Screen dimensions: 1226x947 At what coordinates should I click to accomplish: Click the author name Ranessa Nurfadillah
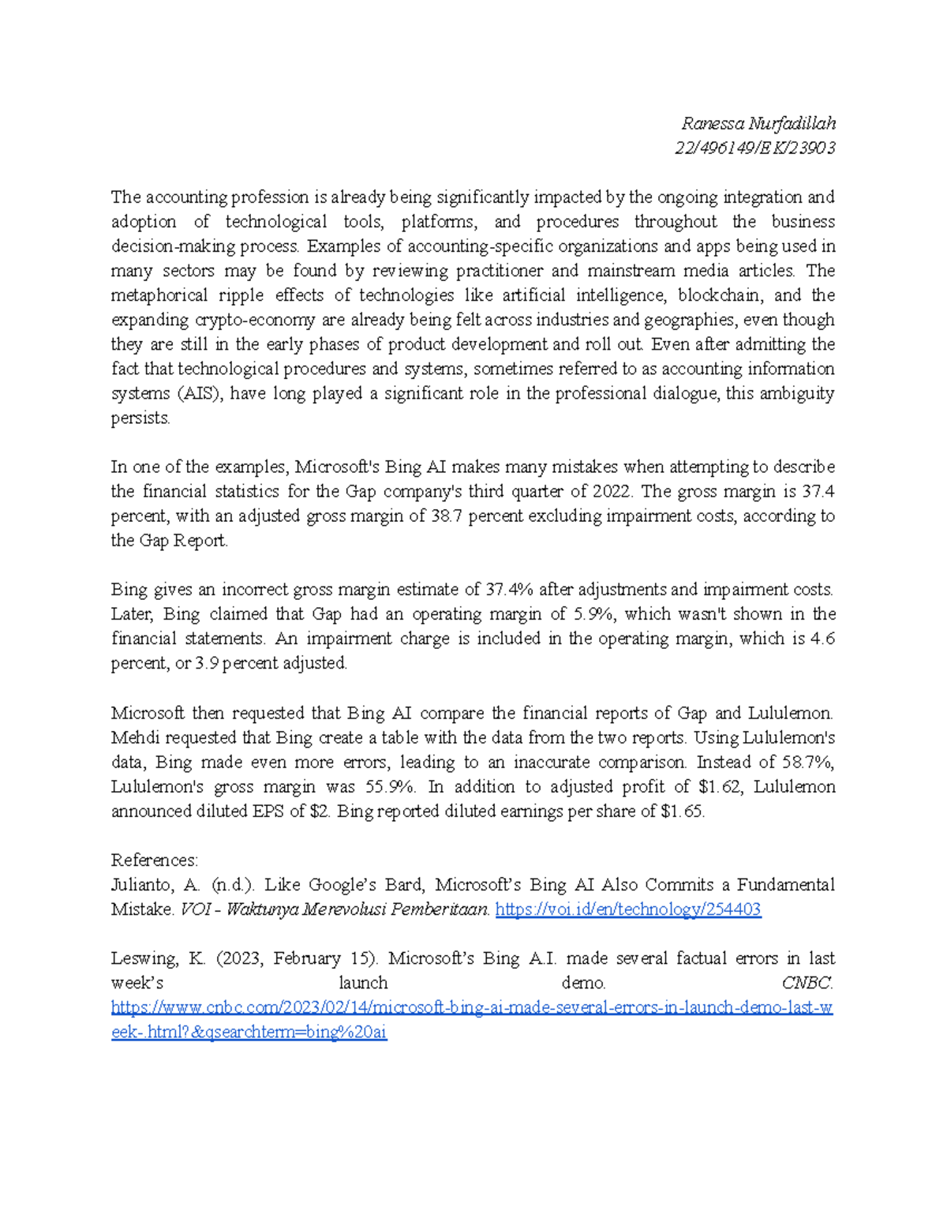point(758,123)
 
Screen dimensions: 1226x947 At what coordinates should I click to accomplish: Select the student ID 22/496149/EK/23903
point(754,148)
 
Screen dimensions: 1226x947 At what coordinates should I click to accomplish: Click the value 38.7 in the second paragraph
point(437,516)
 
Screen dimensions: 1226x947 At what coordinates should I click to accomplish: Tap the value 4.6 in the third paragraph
point(822,639)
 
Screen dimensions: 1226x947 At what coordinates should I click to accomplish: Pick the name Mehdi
point(135,737)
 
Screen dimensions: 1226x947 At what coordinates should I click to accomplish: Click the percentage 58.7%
point(808,762)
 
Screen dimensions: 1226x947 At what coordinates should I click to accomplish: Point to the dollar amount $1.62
point(722,786)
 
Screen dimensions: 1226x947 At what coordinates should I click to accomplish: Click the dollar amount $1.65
point(682,811)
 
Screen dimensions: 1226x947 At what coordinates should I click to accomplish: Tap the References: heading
point(155,860)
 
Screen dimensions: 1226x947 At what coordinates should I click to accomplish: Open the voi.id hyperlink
point(628,909)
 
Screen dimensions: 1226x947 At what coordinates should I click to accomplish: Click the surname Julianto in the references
point(141,885)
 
